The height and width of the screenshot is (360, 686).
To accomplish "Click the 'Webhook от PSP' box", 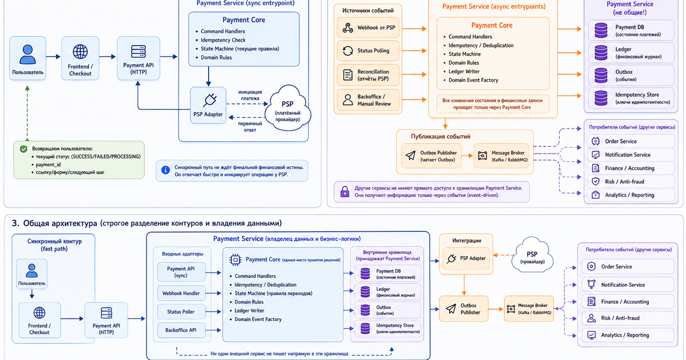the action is (x=368, y=27).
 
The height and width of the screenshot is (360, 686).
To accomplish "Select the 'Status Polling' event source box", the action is (x=368, y=50).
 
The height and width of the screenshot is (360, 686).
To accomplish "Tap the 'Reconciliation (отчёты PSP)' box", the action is (x=368, y=75).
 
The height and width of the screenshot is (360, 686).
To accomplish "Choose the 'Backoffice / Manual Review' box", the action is (x=368, y=100).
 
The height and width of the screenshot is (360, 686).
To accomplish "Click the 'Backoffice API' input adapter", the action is (x=181, y=330).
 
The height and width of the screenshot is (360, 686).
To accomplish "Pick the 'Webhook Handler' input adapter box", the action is (x=181, y=293).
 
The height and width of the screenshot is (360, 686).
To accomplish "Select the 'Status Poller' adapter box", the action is (x=181, y=311).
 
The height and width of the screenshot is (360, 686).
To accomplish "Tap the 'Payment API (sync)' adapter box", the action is (x=181, y=272).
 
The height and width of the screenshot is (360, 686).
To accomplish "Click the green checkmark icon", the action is (x=23, y=149).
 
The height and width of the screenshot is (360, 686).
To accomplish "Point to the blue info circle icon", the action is (x=165, y=170).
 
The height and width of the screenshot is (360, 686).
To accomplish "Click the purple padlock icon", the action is (x=345, y=191).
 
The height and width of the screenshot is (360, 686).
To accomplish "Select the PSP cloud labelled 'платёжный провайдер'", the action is (x=288, y=109).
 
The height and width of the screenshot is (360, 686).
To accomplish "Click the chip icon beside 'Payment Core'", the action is (x=235, y=260).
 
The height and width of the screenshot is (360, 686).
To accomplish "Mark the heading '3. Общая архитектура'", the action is (x=54, y=223).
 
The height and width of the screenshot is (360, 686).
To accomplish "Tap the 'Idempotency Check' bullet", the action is (x=223, y=40).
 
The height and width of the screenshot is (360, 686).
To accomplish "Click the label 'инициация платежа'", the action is (x=250, y=95).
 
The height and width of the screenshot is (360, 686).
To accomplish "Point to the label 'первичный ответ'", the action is (x=250, y=127).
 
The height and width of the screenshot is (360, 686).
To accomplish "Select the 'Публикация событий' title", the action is (x=440, y=137).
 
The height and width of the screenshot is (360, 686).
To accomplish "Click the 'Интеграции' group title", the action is (x=466, y=241).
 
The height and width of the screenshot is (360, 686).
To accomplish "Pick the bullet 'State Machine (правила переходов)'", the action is (x=273, y=293).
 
